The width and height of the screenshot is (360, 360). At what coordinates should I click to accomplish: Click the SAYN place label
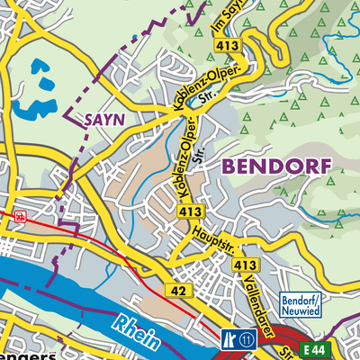(105, 119)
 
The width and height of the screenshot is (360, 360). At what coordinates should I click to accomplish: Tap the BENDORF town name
(276, 166)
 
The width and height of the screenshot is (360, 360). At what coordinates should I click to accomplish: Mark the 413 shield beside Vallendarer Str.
(245, 265)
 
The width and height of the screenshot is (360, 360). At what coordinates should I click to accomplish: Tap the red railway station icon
(20, 216)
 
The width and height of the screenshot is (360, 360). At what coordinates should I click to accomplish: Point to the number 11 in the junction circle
(246, 340)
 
